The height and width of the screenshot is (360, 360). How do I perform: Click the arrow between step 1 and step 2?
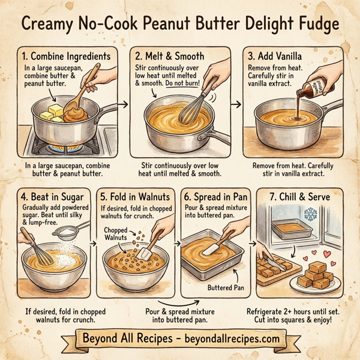pos(123,105)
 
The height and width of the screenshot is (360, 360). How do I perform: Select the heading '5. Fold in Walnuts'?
pos(135,196)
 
